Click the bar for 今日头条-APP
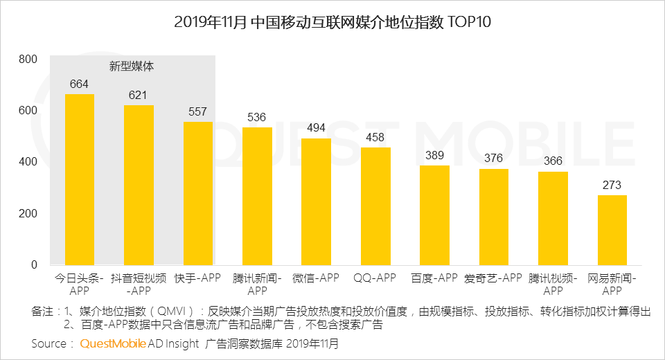[80, 180]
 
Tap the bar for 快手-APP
[198, 194]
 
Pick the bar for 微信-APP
[316, 201]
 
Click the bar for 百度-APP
[434, 215]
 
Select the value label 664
[80, 84]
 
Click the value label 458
[375, 138]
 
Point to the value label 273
[612, 186]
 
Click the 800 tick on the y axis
[28, 60]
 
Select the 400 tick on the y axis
[28, 162]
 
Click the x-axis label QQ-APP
[375, 278]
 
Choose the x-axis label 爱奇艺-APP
[493, 278]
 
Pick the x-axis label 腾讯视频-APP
[553, 284]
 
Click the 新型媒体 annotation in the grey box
[132, 67]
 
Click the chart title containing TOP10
[332, 22]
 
